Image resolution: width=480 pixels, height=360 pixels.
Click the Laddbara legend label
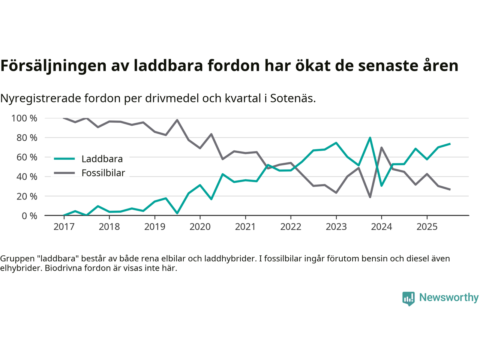[x=102, y=159]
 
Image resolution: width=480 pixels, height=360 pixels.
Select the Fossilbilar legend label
[x=103, y=173]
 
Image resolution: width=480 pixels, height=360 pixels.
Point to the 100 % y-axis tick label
[x=24, y=118]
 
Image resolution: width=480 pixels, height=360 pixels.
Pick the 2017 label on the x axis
[x=64, y=227]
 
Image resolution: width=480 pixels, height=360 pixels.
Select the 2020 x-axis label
[x=200, y=227]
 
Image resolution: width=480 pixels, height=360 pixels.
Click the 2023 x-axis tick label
[x=336, y=227]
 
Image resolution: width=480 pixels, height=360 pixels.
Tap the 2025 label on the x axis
[x=427, y=227]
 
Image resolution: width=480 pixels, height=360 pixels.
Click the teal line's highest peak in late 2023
[x=370, y=138]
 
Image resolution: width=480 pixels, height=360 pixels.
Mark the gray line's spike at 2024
[x=381, y=147]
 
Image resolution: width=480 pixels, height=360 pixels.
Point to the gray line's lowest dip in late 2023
[x=370, y=197]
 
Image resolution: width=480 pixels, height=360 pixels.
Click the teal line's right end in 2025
[x=450, y=144]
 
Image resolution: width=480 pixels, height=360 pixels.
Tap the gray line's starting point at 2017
[x=64, y=118]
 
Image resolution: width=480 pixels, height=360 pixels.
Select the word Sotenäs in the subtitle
[x=292, y=98]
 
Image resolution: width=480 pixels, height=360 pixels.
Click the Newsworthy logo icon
[x=408, y=298]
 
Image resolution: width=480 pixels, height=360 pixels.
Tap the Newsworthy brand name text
[x=448, y=297]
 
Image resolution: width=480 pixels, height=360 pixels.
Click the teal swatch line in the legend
[x=64, y=159]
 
